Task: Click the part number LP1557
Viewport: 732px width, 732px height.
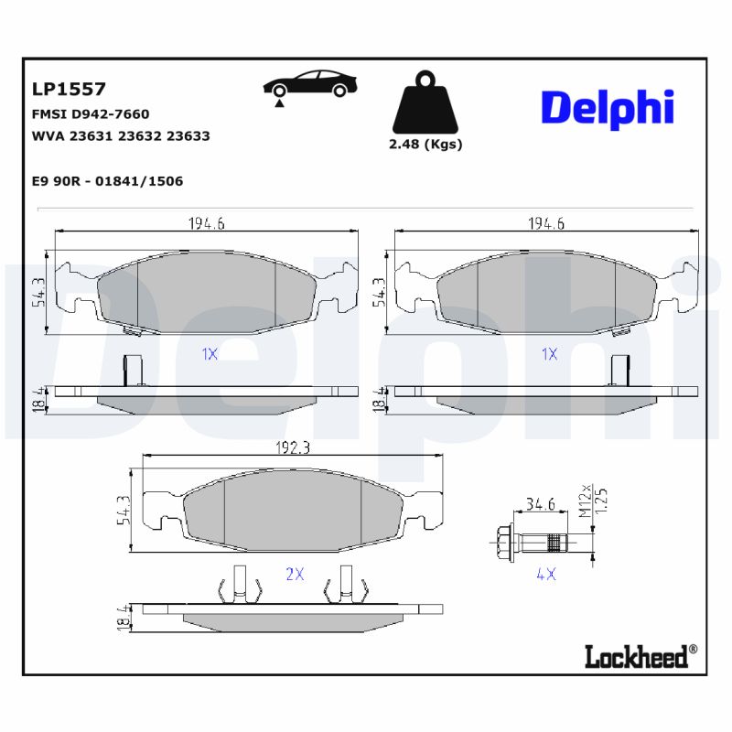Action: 70,89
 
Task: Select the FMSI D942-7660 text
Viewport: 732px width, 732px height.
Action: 90,114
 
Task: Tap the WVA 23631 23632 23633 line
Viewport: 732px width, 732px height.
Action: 120,135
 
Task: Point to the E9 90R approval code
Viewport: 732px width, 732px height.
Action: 107,181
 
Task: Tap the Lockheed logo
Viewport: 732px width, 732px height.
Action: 640,654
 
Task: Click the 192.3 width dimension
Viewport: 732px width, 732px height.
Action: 289,448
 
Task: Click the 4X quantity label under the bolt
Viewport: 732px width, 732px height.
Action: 546,574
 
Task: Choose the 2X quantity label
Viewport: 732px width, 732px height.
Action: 295,574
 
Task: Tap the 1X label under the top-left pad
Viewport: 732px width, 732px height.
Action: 209,354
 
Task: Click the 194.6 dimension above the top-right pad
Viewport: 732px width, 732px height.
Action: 546,223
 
